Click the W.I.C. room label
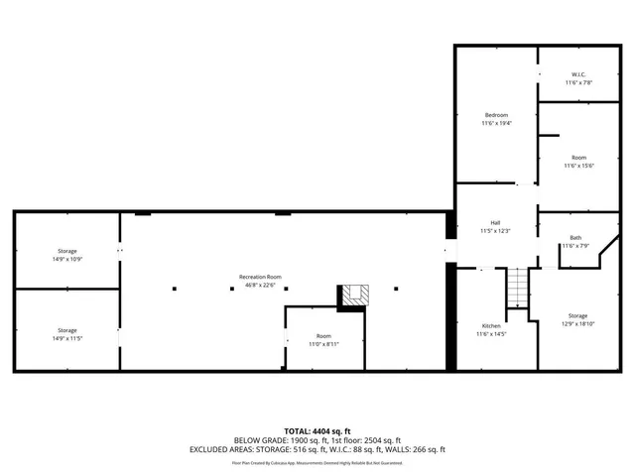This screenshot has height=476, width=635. click(x=578, y=74)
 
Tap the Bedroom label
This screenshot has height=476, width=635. click(x=496, y=114)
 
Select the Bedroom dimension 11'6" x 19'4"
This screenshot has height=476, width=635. click(x=496, y=123)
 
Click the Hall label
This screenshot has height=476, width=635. click(x=494, y=222)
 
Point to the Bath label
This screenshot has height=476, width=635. click(x=575, y=237)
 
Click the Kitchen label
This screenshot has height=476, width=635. click(x=491, y=326)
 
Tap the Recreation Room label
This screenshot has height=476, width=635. click(x=260, y=277)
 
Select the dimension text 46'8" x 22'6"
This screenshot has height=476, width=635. click(x=260, y=286)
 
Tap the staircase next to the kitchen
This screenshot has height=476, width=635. click(x=515, y=289)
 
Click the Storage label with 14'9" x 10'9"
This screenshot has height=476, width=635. click(x=66, y=251)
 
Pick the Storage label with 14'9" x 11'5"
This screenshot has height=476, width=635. click(x=66, y=330)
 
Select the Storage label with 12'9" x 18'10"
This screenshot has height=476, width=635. click(x=577, y=315)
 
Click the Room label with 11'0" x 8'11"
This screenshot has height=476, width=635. click(x=323, y=336)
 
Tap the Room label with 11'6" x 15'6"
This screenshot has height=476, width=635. click(x=578, y=158)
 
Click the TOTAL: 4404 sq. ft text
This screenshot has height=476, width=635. click(x=317, y=431)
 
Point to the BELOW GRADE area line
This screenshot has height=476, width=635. click(x=317, y=440)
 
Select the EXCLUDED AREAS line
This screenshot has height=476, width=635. click(x=317, y=449)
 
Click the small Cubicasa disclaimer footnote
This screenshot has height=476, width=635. click(x=317, y=462)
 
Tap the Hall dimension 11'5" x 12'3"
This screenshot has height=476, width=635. click(x=494, y=231)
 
